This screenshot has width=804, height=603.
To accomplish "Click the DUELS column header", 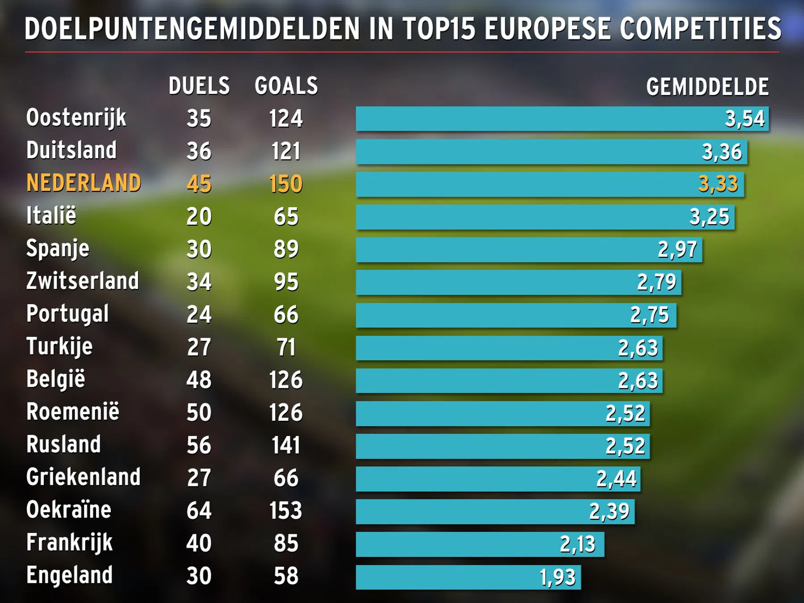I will [x=199, y=86].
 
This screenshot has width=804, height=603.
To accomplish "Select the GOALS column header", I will [x=286, y=86].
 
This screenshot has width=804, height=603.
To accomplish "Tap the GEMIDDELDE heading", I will [x=707, y=87].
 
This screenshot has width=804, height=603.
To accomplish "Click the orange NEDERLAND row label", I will [x=84, y=183].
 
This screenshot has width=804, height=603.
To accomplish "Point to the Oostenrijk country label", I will [x=76, y=118].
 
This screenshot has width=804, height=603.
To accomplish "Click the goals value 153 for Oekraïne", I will [x=286, y=511].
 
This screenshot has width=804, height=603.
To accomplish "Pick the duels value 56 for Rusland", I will [x=199, y=445].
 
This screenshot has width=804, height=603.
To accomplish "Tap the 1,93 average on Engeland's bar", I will [x=557, y=577].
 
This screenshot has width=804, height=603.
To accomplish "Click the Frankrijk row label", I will [x=69, y=543].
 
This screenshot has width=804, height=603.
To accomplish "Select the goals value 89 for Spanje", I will [x=286, y=249].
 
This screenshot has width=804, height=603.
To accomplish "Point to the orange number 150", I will [x=286, y=184].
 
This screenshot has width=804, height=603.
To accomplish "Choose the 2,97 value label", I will [x=677, y=250].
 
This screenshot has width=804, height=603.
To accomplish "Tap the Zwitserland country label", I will [x=83, y=281].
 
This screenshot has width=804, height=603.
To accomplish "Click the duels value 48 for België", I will [x=199, y=380].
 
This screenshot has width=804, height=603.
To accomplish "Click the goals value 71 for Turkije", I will [x=286, y=348].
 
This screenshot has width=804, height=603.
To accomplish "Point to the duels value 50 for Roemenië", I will [x=199, y=413].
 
